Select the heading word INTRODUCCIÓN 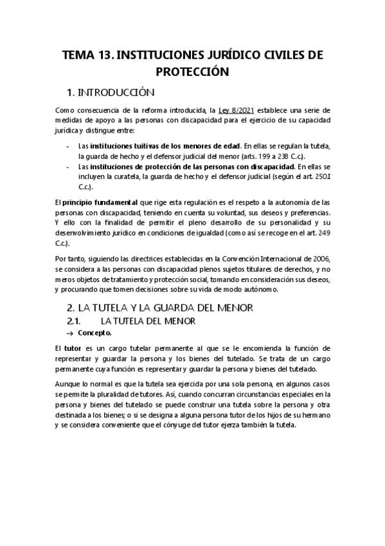(x=121, y=93)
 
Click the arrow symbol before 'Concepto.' (x=70, y=333)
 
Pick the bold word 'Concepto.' (x=94, y=333)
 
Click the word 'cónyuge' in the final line (x=208, y=425)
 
